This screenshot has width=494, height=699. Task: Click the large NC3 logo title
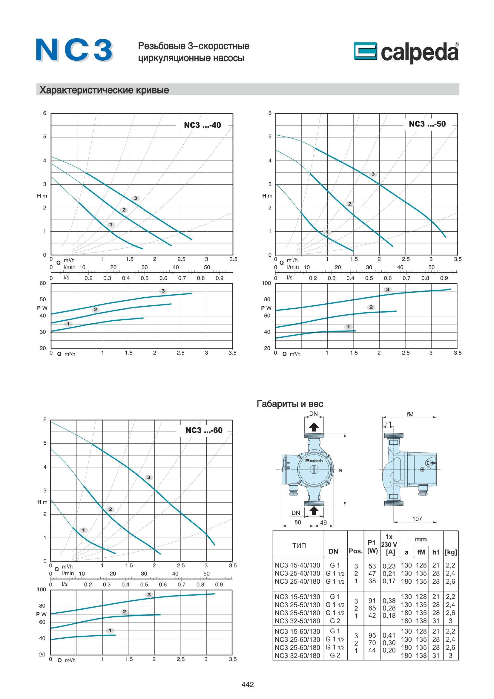(x=74, y=50)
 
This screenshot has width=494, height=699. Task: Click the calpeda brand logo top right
(x=406, y=52)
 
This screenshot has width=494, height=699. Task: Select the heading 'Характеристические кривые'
(x=104, y=90)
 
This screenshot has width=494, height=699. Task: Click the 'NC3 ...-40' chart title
(x=202, y=125)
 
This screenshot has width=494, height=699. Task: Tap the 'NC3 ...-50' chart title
(x=427, y=124)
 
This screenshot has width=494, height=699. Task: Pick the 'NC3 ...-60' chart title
(x=204, y=430)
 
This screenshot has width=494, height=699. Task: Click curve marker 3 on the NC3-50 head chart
(x=373, y=174)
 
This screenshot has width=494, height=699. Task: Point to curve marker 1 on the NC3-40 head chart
(x=111, y=224)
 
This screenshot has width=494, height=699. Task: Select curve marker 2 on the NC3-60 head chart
(x=111, y=509)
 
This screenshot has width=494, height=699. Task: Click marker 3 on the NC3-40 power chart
(x=163, y=291)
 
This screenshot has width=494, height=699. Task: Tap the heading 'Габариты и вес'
(x=290, y=404)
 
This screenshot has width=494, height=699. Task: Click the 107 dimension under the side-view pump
(x=417, y=519)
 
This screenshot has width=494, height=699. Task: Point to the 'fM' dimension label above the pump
(x=410, y=414)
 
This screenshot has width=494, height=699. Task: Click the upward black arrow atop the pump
(x=314, y=427)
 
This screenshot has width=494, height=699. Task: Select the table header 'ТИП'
(x=299, y=546)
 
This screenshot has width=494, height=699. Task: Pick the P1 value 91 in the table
(x=372, y=601)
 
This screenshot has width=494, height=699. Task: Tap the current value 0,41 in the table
(x=389, y=635)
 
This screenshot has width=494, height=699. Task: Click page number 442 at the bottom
(x=247, y=684)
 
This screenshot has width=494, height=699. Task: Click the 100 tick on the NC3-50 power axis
(x=266, y=283)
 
